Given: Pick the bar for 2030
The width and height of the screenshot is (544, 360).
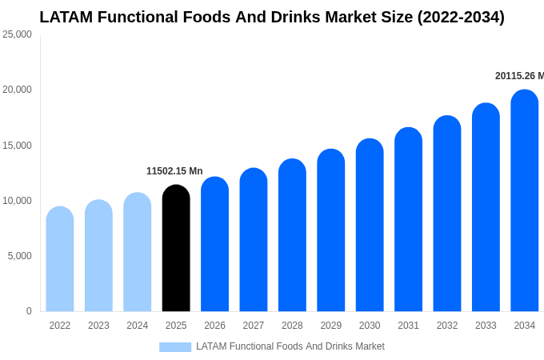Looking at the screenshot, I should (370, 225).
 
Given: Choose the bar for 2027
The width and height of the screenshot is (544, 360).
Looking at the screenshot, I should (254, 239).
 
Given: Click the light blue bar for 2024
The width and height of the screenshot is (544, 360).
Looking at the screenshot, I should (138, 252).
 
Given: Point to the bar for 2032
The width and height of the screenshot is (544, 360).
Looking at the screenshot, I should (447, 214).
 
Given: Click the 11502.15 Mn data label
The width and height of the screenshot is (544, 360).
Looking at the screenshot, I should (174, 171).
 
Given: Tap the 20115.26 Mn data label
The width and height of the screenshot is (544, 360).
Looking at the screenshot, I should (518, 76).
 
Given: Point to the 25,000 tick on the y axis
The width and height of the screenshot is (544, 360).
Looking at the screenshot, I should (17, 34).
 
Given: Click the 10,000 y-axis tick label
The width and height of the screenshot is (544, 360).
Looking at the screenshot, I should (17, 201).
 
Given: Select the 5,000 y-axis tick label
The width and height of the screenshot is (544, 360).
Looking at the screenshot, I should (19, 256).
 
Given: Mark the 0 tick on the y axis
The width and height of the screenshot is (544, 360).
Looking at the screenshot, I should (29, 311).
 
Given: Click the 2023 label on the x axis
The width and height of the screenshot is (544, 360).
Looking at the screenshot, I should (98, 326).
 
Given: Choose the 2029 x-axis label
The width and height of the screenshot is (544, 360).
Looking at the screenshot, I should (331, 326).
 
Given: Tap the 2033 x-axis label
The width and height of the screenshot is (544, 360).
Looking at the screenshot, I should (486, 326).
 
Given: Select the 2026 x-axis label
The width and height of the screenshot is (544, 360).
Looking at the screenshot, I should (214, 326).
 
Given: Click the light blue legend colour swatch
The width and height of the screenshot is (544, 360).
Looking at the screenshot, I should (175, 347).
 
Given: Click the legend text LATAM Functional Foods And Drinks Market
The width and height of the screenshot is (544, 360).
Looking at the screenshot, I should (290, 346).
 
